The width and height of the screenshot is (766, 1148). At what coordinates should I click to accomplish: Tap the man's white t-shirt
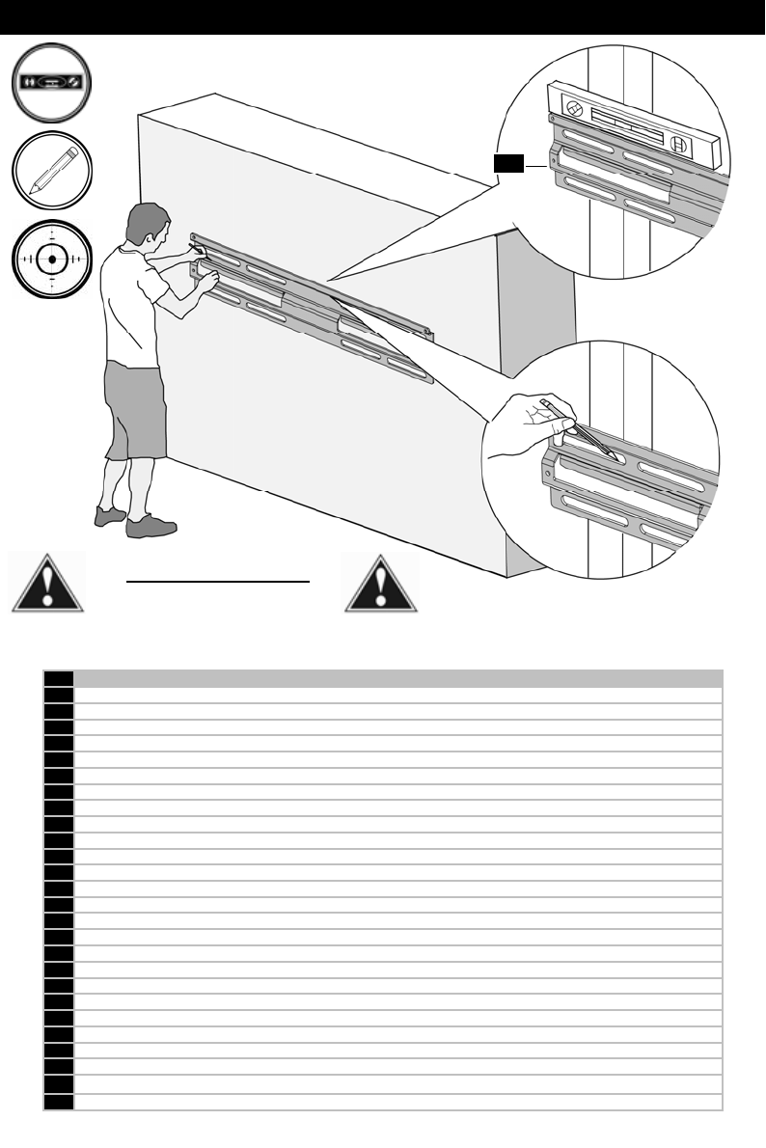click(135, 299)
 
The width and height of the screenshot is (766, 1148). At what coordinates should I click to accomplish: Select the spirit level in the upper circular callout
click(632, 120)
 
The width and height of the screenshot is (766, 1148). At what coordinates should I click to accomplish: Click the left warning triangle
click(47, 583)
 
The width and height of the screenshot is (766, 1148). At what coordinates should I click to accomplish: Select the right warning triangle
click(383, 583)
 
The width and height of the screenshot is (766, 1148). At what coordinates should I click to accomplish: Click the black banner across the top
click(383, 17)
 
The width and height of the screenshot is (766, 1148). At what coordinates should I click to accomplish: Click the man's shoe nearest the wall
click(151, 526)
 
